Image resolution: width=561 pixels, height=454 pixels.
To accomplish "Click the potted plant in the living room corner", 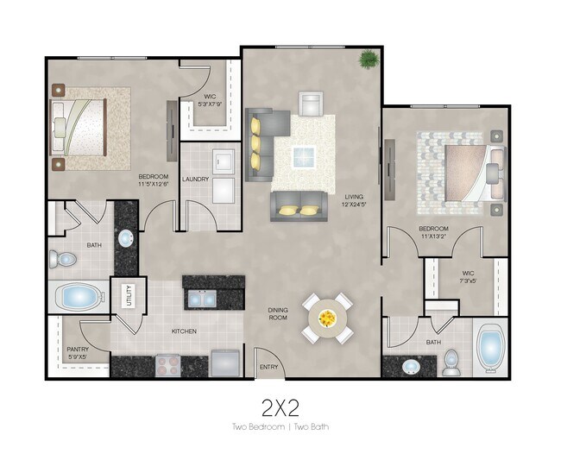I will pyautogui.click(x=369, y=60).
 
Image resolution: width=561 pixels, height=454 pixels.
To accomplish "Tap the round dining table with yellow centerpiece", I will pyautogui.click(x=327, y=318).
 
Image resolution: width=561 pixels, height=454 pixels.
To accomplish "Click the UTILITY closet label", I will pyautogui.click(x=128, y=296).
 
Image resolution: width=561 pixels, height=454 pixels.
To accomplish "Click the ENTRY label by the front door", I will pyautogui.click(x=268, y=367).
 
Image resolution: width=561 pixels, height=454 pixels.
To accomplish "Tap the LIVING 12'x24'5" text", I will pyautogui.click(x=355, y=200).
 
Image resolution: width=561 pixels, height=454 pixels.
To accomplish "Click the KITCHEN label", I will pyautogui.click(x=184, y=331).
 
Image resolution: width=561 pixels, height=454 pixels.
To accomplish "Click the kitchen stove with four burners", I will pyautogui.click(x=168, y=364).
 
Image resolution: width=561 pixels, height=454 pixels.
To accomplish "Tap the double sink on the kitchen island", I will pyautogui.click(x=204, y=299).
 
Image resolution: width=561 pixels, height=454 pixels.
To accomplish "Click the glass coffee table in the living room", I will pyautogui.click(x=303, y=157).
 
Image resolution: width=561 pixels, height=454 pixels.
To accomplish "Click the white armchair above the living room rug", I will pyautogui.click(x=310, y=103).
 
